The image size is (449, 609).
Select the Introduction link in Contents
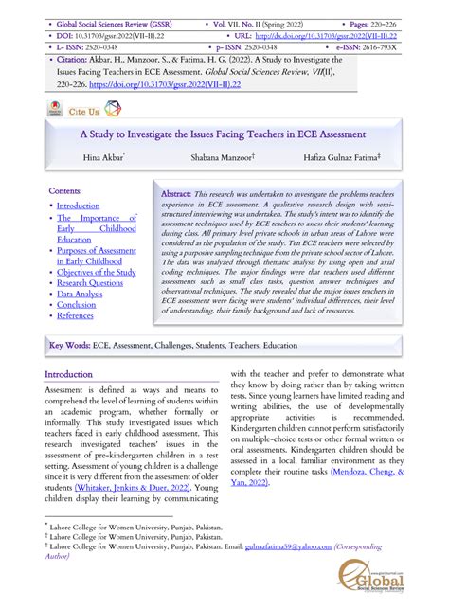(78, 206)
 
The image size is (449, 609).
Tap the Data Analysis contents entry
(80, 295)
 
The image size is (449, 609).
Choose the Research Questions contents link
(89, 282)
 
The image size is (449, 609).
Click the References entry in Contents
(76, 316)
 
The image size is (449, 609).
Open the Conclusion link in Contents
(76, 305)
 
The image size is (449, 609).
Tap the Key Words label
(70, 347)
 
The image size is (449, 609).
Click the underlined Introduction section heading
(69, 375)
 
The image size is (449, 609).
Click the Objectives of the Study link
(96, 272)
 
